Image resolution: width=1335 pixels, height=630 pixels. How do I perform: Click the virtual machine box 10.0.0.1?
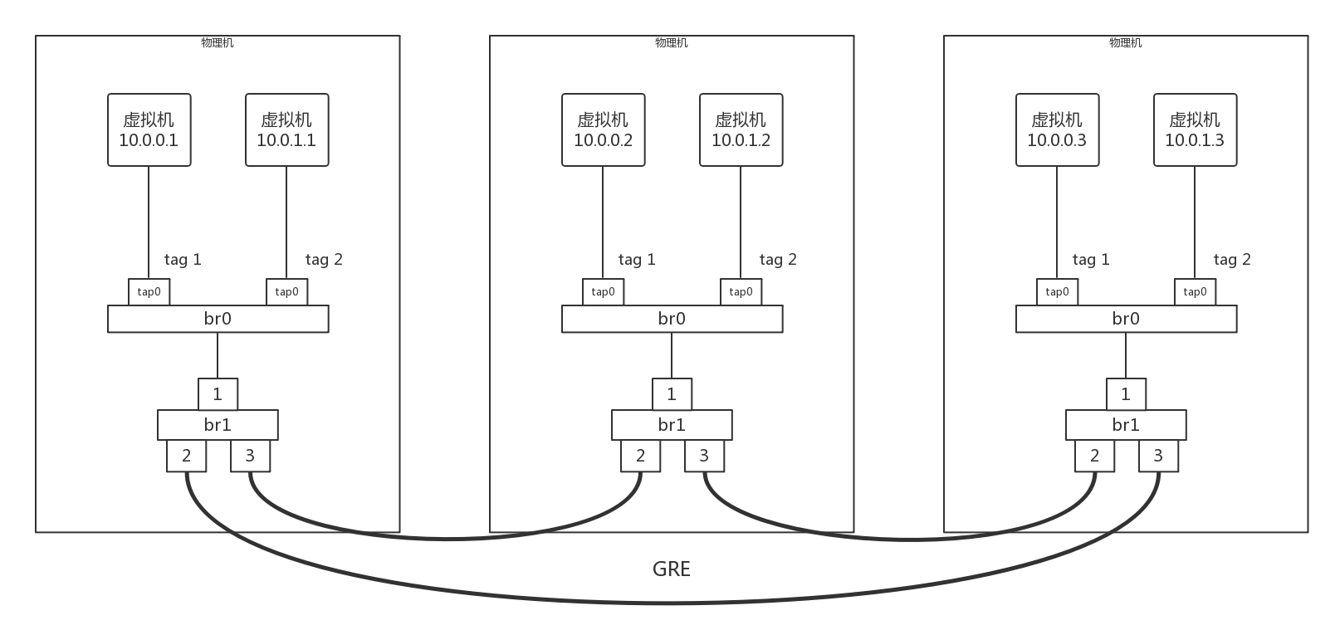149,130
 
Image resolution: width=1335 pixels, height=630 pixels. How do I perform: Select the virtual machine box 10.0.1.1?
286,130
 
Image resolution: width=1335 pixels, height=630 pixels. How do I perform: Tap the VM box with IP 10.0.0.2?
604,130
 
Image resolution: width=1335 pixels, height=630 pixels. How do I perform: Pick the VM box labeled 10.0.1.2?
741,130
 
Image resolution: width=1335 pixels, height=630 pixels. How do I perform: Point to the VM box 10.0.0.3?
1057,130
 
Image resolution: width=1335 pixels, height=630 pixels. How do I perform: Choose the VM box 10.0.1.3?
1195,130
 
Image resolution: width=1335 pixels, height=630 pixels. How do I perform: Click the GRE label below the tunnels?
671,569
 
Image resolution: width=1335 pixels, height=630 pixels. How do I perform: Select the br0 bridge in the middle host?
672,319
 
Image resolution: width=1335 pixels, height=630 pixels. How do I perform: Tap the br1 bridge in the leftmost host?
218,425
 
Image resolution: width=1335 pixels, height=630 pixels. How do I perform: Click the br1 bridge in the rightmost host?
1126,425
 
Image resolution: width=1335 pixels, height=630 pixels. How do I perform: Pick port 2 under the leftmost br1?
187,456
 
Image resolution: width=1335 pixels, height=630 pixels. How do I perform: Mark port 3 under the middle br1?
704,456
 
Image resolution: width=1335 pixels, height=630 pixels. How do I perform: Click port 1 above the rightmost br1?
1126,394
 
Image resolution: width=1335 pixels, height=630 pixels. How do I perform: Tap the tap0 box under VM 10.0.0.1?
149,292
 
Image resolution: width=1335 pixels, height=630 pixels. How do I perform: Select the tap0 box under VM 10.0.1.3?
1195,292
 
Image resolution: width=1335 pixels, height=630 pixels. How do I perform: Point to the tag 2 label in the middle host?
778,260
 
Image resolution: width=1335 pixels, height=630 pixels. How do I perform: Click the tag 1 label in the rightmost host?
1091,260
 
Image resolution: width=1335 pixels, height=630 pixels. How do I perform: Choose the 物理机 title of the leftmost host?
218,43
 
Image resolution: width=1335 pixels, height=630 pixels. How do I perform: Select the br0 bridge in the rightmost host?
1126,319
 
